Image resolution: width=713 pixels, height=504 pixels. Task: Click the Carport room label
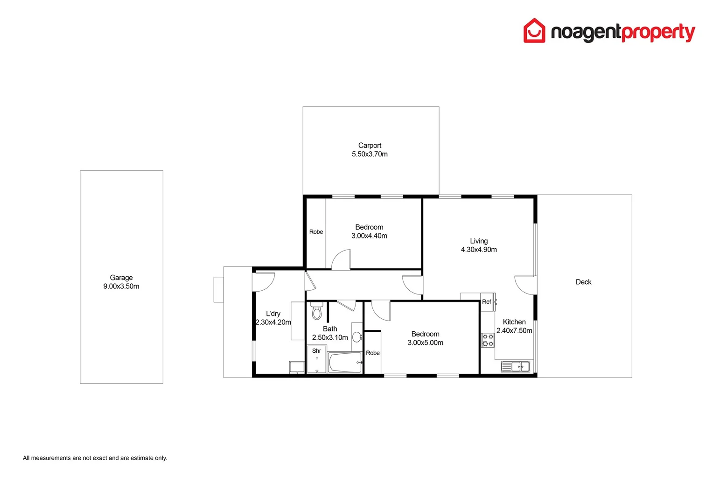(370, 146)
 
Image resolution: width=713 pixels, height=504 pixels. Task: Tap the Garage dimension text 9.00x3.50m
(121, 287)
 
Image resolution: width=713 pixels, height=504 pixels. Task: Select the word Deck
(583, 282)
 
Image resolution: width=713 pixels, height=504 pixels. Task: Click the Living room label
(479, 241)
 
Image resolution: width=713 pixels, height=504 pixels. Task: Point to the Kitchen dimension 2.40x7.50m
(514, 330)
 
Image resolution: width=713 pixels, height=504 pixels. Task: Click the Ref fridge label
(486, 302)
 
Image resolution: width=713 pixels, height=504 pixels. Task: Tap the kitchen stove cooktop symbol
(488, 340)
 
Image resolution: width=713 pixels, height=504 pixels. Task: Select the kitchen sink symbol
(516, 366)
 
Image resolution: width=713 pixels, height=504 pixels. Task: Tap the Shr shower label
(316, 351)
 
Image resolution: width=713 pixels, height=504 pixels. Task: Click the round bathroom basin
(357, 336)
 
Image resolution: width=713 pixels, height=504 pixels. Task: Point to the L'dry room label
(273, 314)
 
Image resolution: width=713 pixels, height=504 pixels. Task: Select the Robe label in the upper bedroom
(316, 232)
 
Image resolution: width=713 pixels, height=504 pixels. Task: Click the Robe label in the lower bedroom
(373, 353)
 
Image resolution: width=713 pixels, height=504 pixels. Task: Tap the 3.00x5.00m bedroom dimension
(425, 343)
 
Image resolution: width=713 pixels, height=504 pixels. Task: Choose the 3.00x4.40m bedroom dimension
(369, 236)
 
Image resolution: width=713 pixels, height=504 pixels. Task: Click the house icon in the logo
(534, 31)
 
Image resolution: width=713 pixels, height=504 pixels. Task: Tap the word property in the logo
(658, 33)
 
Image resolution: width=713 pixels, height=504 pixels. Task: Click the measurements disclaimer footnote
(95, 458)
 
